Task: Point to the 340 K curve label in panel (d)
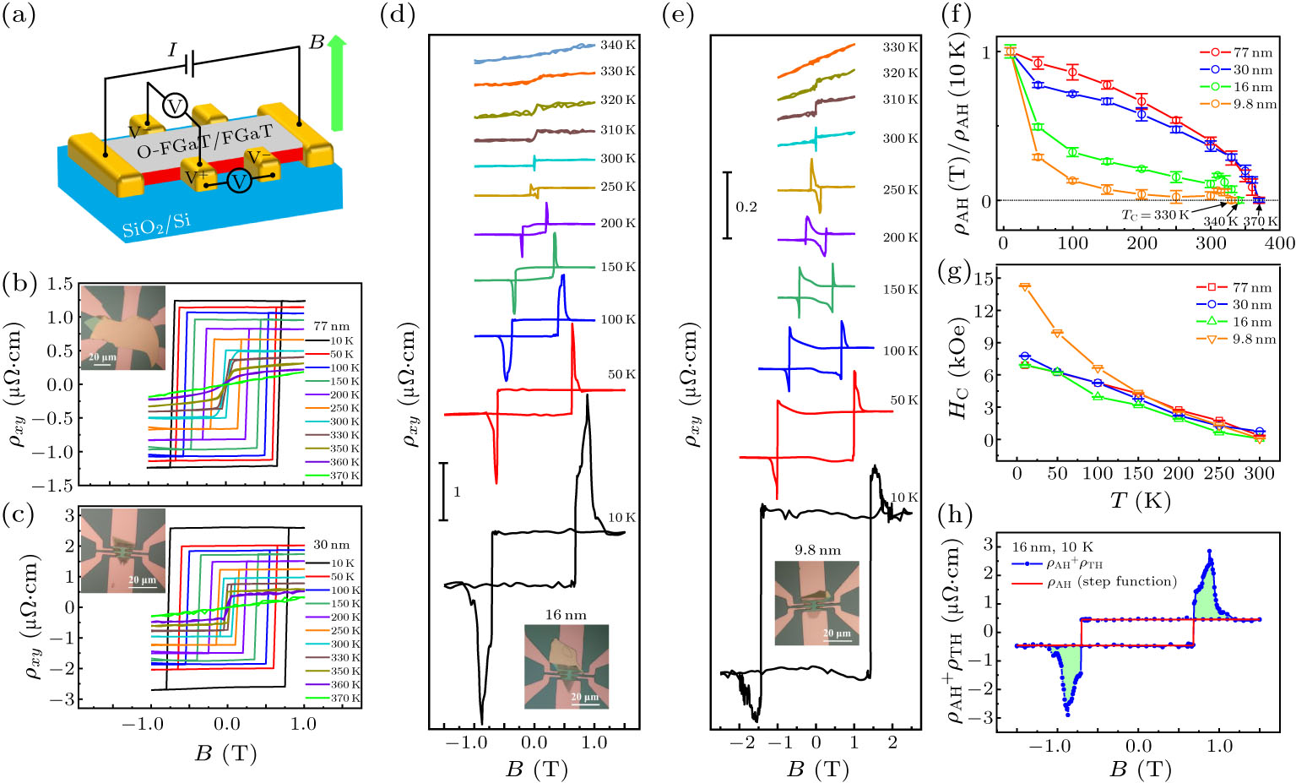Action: [618, 45]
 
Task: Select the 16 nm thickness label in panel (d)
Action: [566, 615]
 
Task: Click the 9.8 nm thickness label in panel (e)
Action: [817, 550]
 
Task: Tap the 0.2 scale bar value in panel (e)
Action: [746, 207]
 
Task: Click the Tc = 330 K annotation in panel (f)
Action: [1154, 215]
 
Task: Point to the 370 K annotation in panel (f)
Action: [1260, 221]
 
